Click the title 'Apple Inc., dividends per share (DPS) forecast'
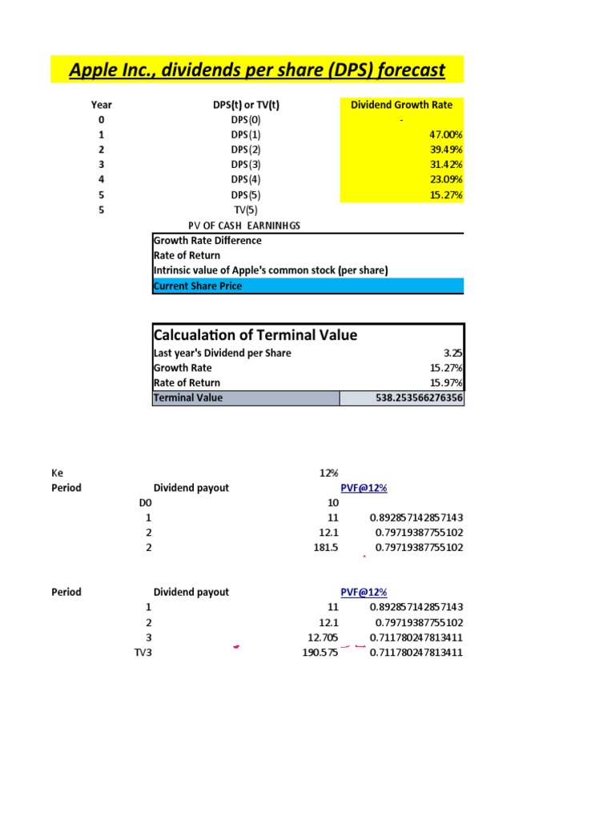[256, 70]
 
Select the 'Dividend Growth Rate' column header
[401, 105]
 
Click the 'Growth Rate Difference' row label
[207, 240]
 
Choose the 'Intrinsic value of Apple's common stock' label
[270, 270]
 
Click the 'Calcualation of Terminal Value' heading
[255, 335]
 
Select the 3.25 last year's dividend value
[452, 353]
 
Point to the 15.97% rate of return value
[445, 382]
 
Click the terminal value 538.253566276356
[408, 398]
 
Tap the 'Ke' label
[57, 473]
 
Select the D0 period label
[144, 503]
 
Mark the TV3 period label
[143, 653]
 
